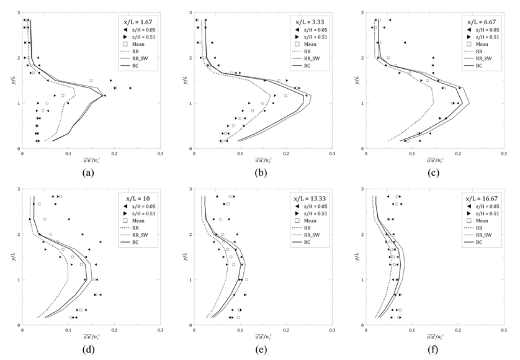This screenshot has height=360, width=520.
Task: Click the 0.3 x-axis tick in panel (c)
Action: click(503, 154)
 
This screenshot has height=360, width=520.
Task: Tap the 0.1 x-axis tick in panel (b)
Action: click(240, 154)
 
